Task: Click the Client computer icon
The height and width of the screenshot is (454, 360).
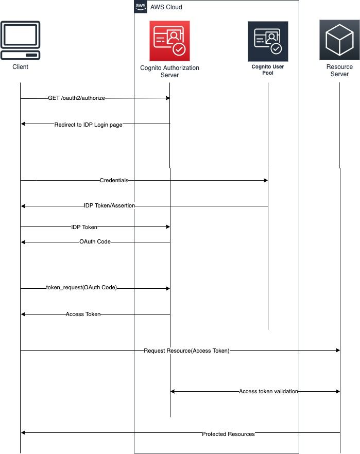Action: [21, 41]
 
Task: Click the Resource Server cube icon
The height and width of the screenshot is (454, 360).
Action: [339, 40]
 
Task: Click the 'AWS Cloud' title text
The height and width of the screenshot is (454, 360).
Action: [166, 7]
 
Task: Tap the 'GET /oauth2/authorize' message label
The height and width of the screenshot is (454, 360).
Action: [77, 98]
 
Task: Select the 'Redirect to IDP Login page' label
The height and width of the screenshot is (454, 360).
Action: [88, 124]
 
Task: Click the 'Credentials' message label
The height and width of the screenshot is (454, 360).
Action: [114, 181]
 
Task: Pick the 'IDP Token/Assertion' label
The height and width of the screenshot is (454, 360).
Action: [109, 205]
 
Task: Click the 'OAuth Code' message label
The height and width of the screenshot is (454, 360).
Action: [95, 241]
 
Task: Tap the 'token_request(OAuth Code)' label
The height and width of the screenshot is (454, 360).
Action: [81, 288]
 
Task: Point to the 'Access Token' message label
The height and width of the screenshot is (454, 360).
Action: [83, 314]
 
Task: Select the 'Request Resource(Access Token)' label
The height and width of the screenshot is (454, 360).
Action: [186, 351]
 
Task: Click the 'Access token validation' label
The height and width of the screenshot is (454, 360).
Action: [268, 391]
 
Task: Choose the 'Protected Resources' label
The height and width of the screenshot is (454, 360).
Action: [228, 434]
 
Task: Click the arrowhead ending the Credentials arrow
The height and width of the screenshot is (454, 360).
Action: [266, 181]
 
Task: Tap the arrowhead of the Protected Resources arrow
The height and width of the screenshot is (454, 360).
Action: [23, 433]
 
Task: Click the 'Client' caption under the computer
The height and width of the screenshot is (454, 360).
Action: [21, 67]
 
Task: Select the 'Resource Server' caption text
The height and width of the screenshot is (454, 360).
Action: [339, 71]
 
